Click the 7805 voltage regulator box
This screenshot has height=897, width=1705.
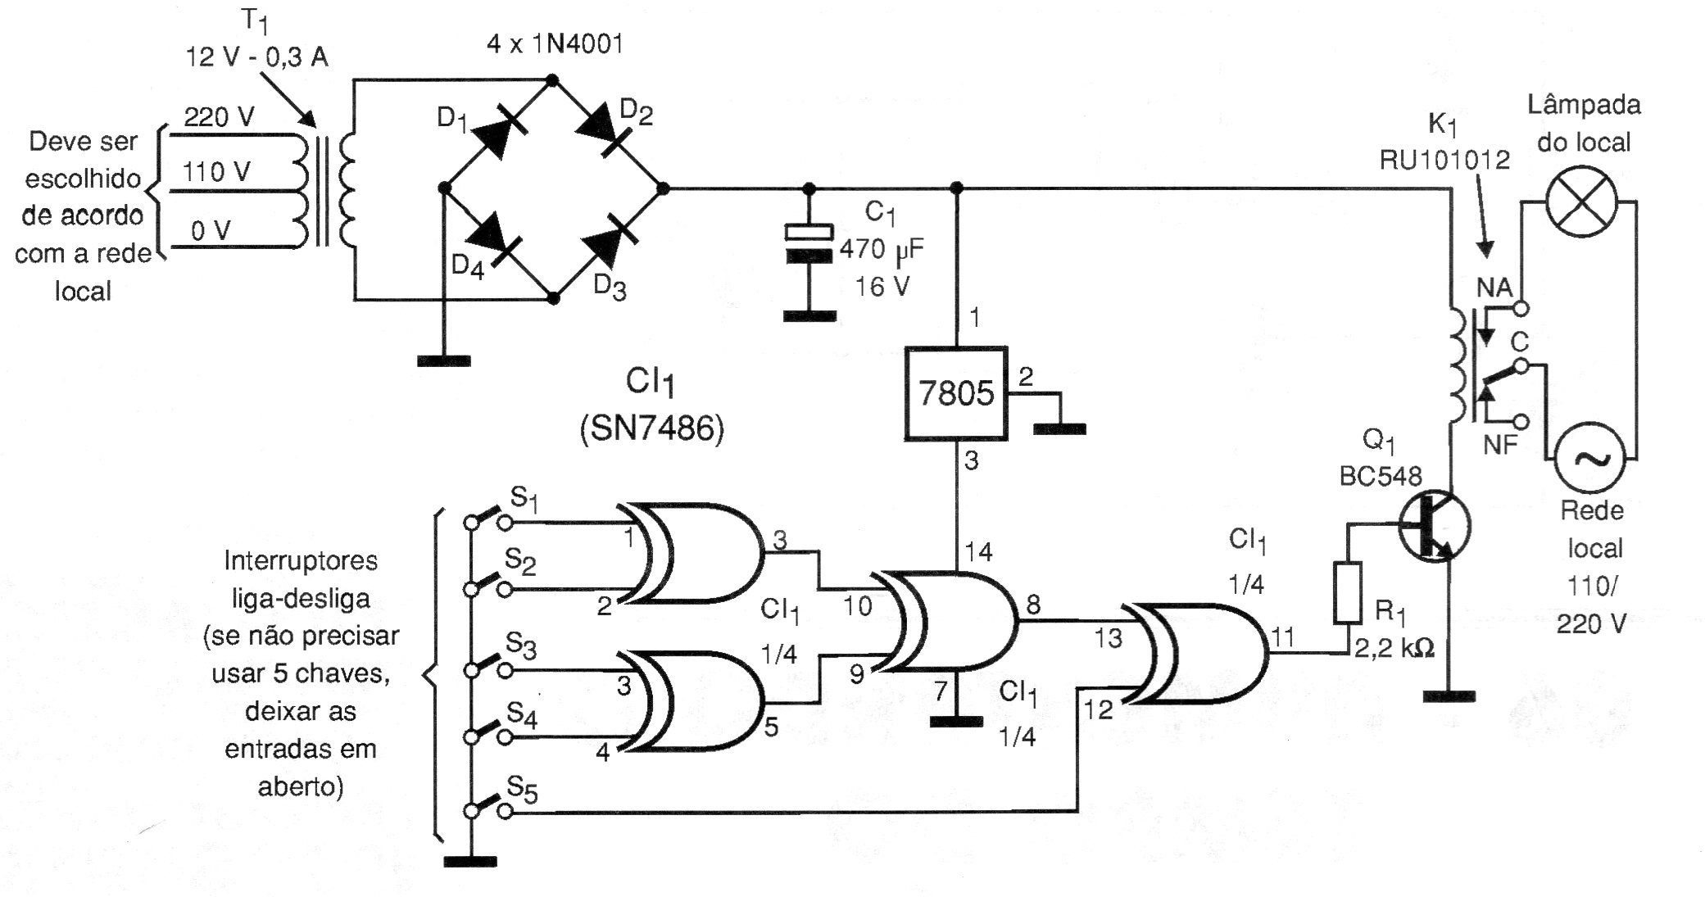click(x=955, y=393)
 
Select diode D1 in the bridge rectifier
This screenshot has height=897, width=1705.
click(x=498, y=134)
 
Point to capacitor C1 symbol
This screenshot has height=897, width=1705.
click(x=809, y=243)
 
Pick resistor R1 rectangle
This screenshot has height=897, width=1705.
click(x=1348, y=592)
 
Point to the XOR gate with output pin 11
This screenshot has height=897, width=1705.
click(x=1195, y=654)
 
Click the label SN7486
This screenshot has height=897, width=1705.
click(x=652, y=428)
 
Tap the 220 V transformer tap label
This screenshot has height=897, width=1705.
click(x=218, y=116)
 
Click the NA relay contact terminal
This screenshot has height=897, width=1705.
click(x=1521, y=309)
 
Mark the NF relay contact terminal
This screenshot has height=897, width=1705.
click(x=1521, y=422)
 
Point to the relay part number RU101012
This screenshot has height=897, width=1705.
click(x=1444, y=160)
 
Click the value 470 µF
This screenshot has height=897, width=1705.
click(x=882, y=249)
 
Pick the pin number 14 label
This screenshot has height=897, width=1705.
click(x=978, y=552)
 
